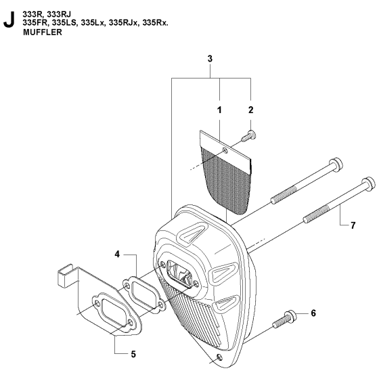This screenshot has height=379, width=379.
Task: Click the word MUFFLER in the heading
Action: pos(43,32)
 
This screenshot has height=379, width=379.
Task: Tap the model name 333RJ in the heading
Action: pos(60,14)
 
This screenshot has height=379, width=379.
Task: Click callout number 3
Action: pos(210,59)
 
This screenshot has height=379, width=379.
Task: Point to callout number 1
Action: pos(219,110)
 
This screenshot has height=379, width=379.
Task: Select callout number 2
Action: pos(250,110)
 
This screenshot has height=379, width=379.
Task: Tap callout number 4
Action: pos(117,254)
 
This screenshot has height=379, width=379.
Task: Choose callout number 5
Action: pos(133,355)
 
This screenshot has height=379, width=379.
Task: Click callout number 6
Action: pos(313,313)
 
